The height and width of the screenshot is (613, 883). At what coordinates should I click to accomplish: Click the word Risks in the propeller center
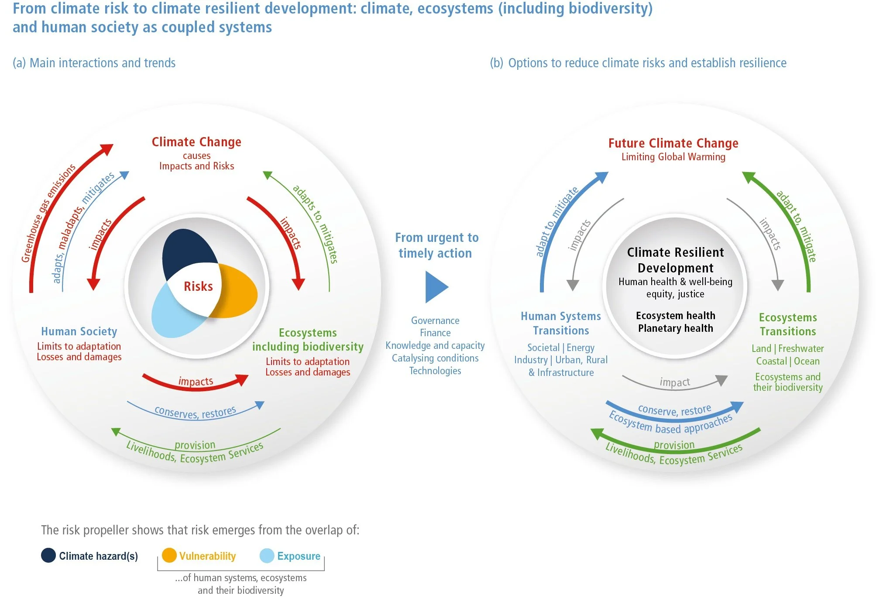(198, 286)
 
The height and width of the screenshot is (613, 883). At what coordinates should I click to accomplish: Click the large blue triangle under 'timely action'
(436, 287)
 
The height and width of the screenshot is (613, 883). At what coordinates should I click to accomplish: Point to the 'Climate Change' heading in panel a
(196, 142)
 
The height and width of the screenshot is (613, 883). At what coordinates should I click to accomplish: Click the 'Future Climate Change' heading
(673, 143)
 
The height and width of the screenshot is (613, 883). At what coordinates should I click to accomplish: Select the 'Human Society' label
(79, 331)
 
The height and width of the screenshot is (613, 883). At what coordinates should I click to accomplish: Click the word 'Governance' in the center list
(435, 320)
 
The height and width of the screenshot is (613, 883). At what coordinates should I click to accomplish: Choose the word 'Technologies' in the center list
(435, 371)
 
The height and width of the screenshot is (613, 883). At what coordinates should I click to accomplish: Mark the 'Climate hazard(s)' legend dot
(48, 555)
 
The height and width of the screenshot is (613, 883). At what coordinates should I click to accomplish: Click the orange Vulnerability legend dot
(169, 555)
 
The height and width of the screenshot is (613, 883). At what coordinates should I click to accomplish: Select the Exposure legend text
(299, 556)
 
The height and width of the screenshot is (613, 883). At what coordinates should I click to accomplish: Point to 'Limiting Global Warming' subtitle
(673, 157)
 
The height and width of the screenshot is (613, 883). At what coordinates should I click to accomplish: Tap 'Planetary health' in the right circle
(675, 328)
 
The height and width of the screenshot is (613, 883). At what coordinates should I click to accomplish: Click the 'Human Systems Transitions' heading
(561, 323)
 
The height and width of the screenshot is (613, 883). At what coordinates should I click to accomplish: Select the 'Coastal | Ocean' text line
(788, 361)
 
